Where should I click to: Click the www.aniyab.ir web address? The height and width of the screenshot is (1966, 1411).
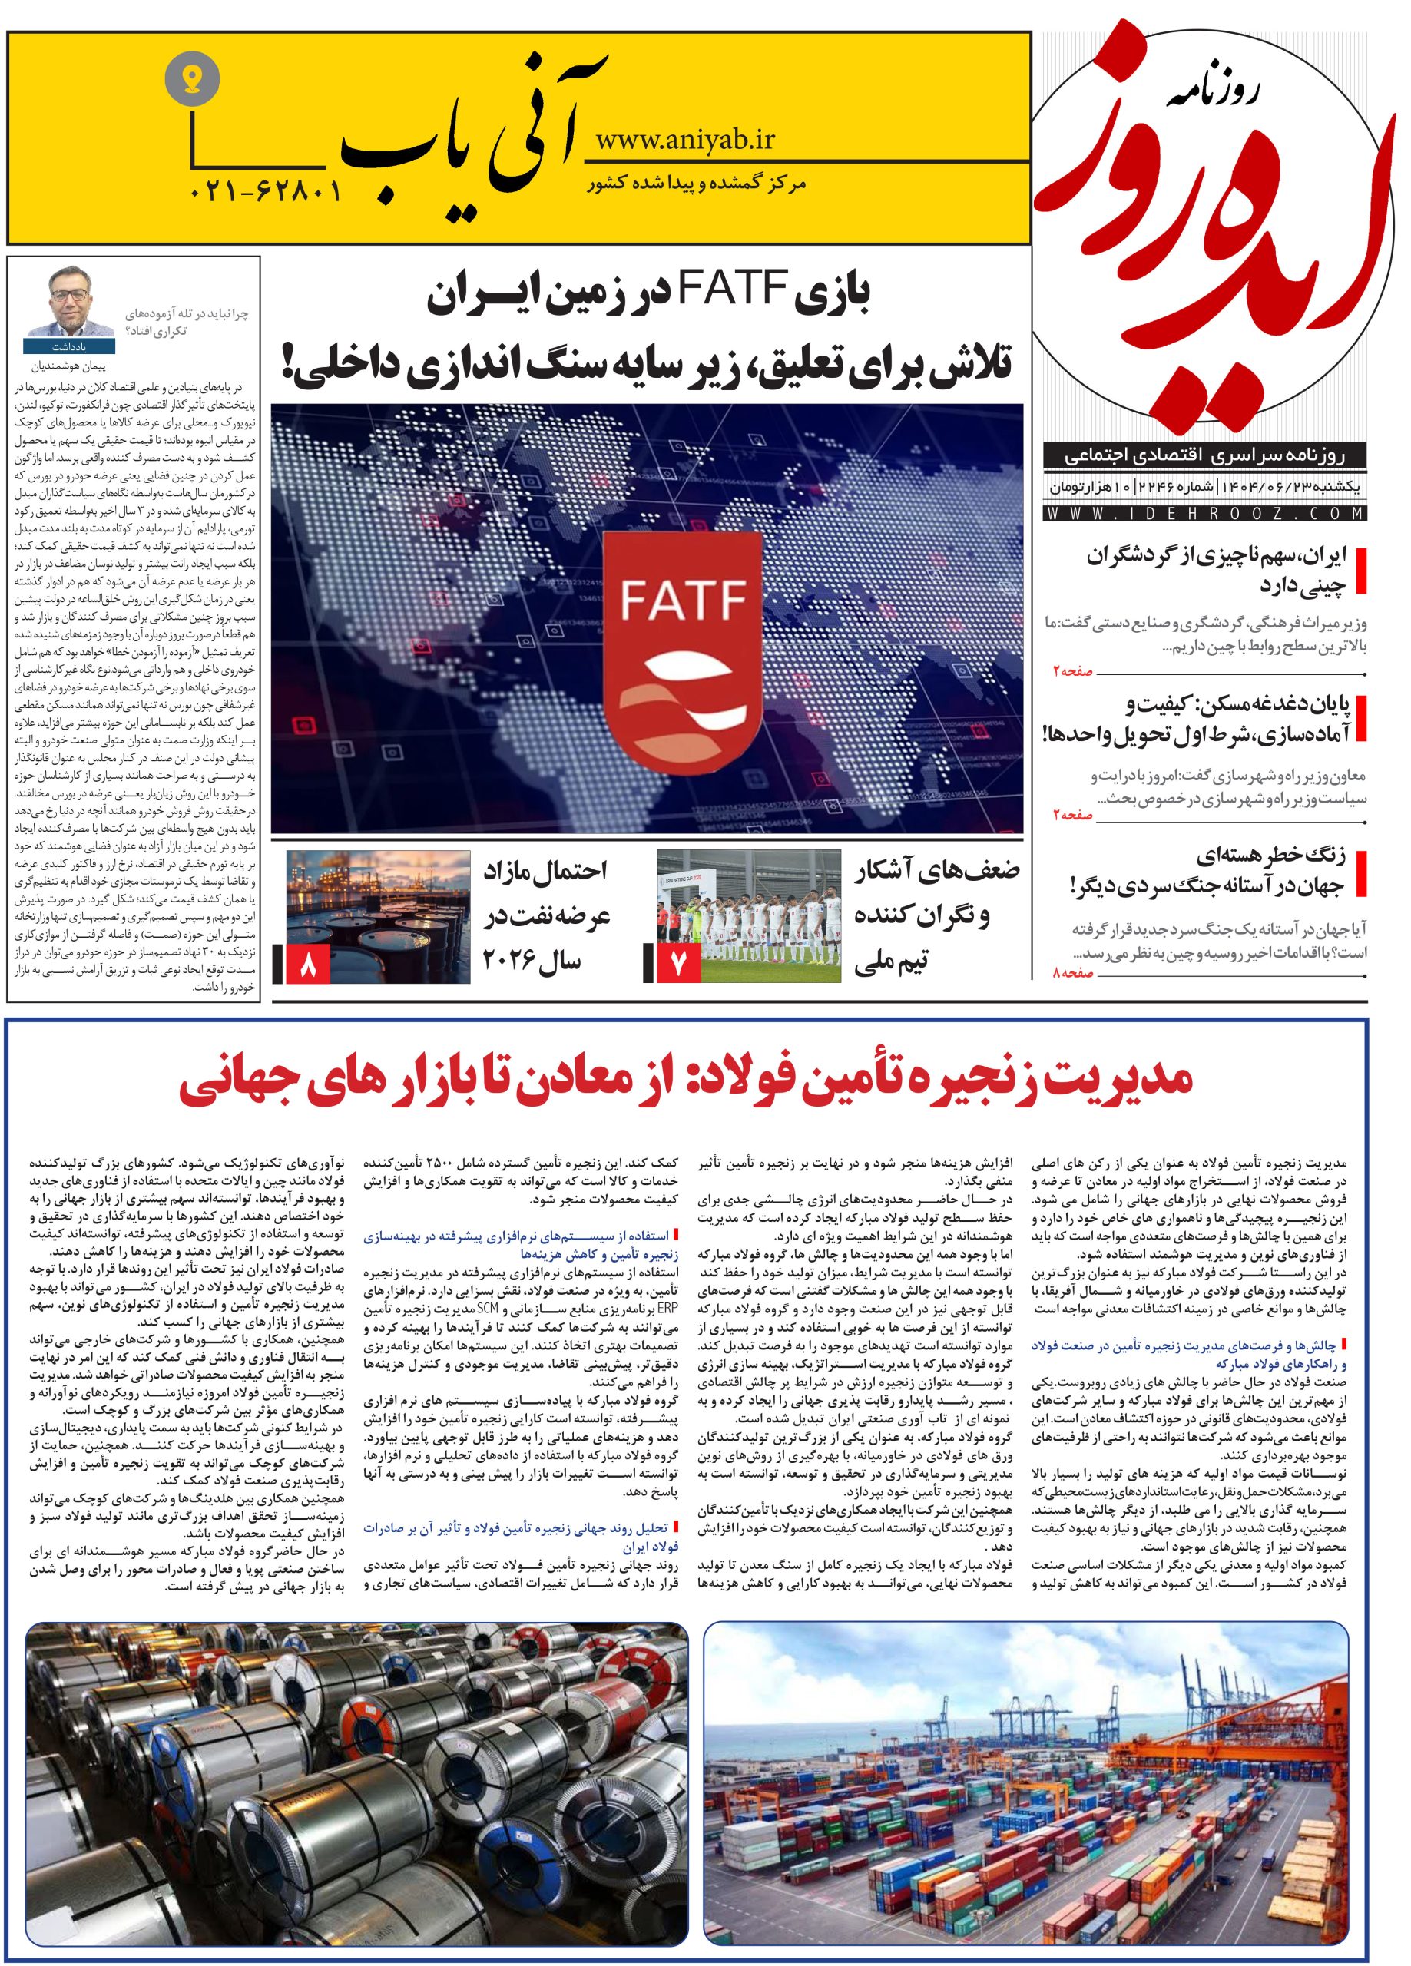point(685,139)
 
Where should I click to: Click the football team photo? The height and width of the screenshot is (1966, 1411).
point(748,917)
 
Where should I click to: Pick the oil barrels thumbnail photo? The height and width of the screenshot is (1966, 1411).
point(378,917)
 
